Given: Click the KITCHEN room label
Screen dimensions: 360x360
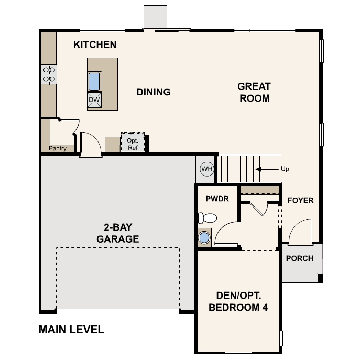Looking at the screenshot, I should pyautogui.click(x=95, y=45).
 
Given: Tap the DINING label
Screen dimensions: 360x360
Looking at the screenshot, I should pyautogui.click(x=154, y=92).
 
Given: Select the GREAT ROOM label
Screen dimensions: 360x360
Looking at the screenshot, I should pyautogui.click(x=254, y=92).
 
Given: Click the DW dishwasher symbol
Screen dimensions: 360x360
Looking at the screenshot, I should pyautogui.click(x=94, y=100).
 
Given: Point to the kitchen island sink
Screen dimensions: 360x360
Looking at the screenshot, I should pyautogui.click(x=94, y=81).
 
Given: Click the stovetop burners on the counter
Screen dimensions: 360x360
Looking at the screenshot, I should pyautogui.click(x=49, y=74).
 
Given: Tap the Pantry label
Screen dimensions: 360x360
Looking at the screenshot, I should pyautogui.click(x=58, y=148).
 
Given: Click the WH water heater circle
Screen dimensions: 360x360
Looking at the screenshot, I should pyautogui.click(x=207, y=169).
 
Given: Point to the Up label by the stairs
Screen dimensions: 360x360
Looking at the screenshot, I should pyautogui.click(x=285, y=169).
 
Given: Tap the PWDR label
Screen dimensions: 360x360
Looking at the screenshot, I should pyautogui.click(x=217, y=200).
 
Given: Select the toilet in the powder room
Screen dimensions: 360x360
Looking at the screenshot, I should pyautogui.click(x=208, y=217).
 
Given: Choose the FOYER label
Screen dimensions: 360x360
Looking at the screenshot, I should pyautogui.click(x=300, y=200).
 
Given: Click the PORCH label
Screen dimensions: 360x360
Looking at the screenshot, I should pyautogui.click(x=300, y=258).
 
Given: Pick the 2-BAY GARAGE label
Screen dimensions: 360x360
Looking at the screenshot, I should pyautogui.click(x=118, y=233).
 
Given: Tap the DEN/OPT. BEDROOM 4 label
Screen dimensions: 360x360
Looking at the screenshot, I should pyautogui.click(x=238, y=301).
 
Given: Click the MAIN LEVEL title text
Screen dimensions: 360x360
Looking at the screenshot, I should pyautogui.click(x=71, y=330).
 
